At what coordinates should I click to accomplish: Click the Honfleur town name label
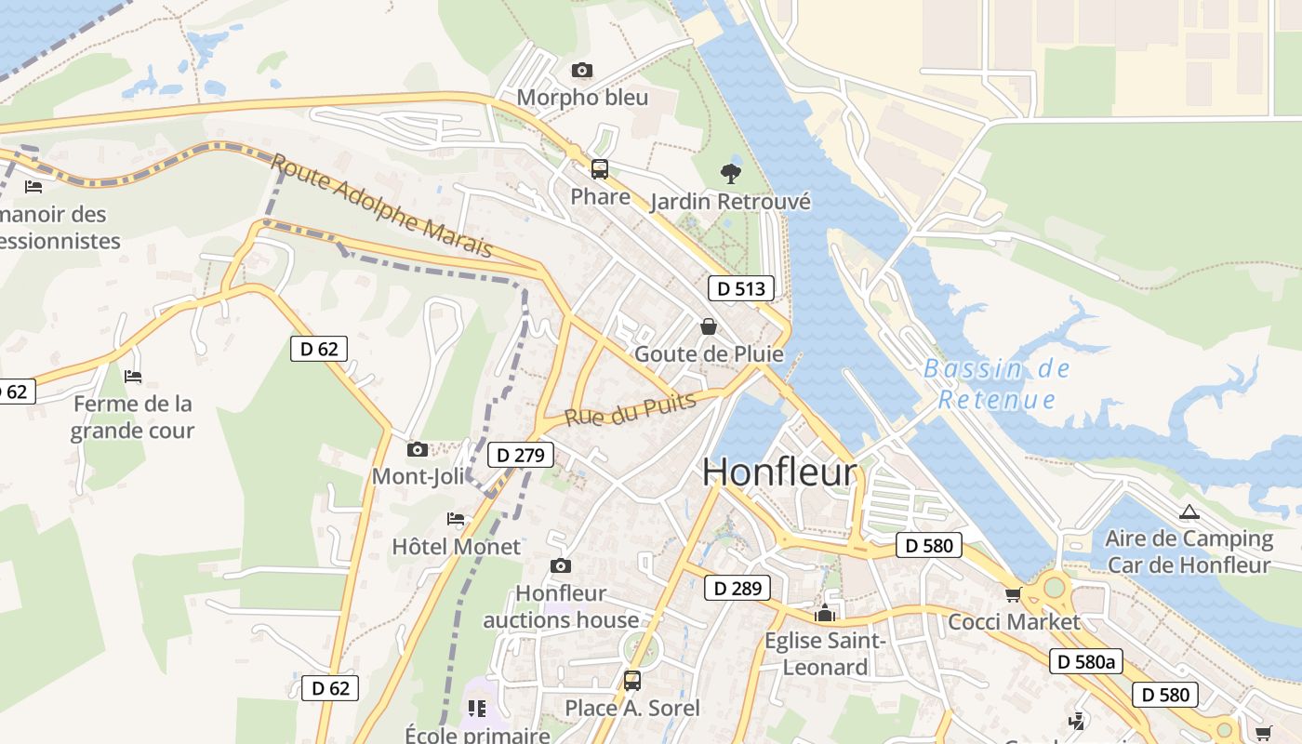[778, 472]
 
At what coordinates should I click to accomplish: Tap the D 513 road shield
[741, 288]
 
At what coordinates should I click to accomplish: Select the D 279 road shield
[520, 455]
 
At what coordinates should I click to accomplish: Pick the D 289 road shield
[737, 588]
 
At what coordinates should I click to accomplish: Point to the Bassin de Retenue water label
[997, 384]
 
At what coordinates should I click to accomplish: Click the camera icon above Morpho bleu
[582, 71]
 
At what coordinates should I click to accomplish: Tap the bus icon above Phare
[600, 169]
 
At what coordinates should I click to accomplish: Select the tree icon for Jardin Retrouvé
[731, 173]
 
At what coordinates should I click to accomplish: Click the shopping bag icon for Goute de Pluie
[709, 326]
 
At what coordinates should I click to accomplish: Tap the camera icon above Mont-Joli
[418, 450]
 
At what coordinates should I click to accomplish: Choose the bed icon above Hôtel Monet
[456, 519]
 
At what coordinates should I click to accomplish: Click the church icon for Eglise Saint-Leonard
[824, 614]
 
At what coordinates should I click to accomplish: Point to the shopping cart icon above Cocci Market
[1013, 594]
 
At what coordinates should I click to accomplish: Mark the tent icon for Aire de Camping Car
[1189, 511]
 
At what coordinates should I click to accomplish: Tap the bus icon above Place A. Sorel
[632, 681]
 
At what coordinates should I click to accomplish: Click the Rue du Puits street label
[631, 410]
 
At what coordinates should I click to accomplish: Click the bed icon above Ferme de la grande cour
[133, 377]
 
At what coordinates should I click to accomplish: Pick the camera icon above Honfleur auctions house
[560, 565]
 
